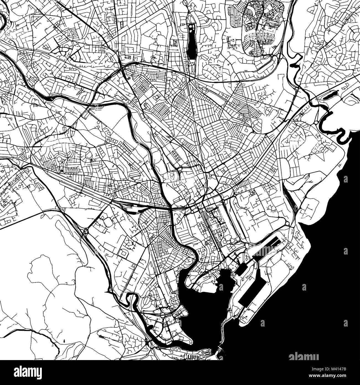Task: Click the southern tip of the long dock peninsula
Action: tap(242, 321)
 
